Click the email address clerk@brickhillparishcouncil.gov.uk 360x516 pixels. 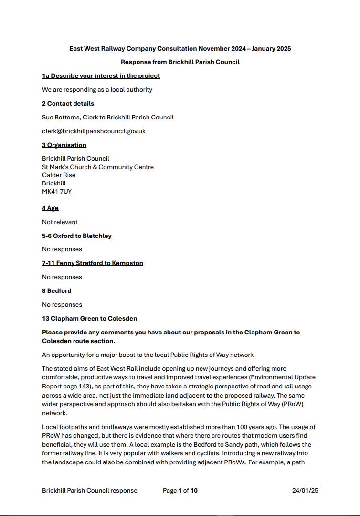(x=94, y=131)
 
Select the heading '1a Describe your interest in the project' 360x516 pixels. (x=101, y=75)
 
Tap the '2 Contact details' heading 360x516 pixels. (x=68, y=103)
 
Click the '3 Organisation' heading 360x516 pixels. (x=64, y=145)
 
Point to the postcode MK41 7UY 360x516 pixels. (x=57, y=192)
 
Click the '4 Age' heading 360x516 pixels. (x=50, y=208)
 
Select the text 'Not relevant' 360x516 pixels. (x=60, y=222)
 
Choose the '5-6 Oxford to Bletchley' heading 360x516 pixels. (x=77, y=236)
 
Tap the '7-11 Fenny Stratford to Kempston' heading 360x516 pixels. (x=93, y=263)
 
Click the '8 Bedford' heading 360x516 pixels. (x=57, y=290)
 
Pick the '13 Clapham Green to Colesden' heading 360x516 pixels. (x=89, y=318)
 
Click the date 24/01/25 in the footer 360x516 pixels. (x=305, y=490)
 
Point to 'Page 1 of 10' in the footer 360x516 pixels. (x=180, y=490)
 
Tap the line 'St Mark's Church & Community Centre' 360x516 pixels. (x=98, y=167)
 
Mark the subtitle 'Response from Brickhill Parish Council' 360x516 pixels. (x=180, y=62)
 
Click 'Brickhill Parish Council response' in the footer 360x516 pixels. (x=90, y=490)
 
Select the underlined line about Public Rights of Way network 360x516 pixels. (x=148, y=355)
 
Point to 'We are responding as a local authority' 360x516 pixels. (x=97, y=89)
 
